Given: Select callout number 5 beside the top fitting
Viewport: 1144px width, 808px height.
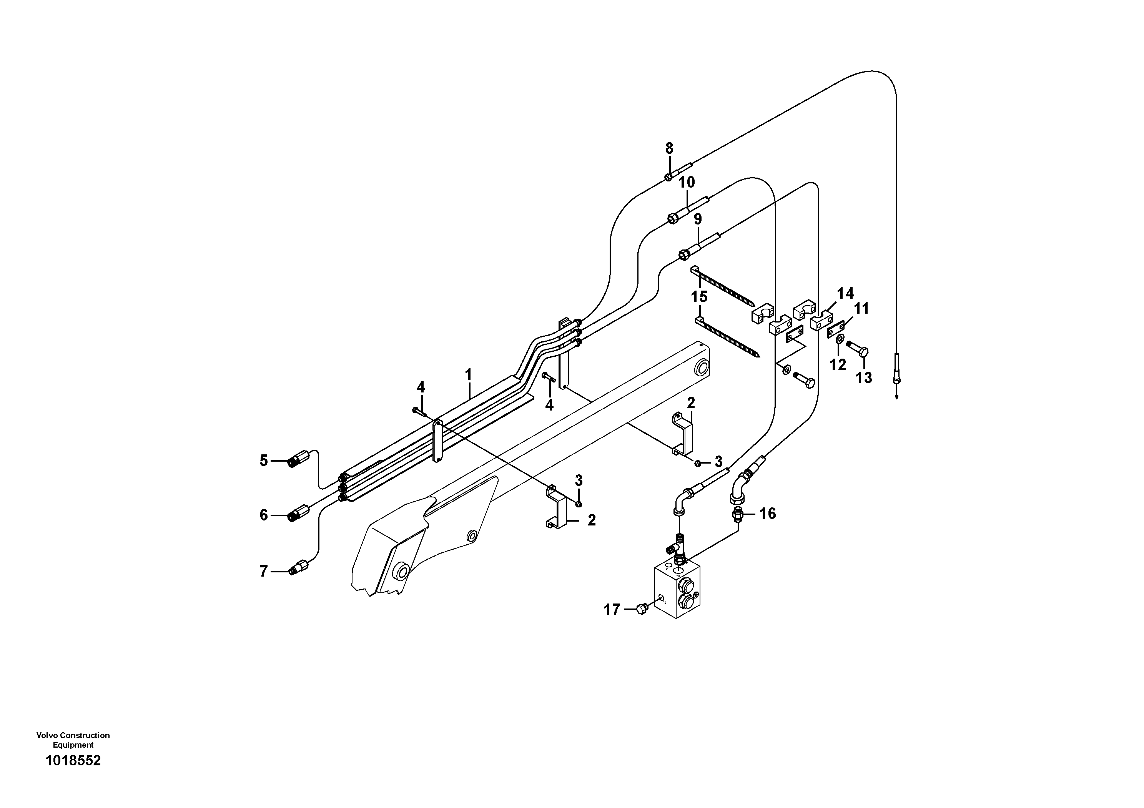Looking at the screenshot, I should click(264, 460).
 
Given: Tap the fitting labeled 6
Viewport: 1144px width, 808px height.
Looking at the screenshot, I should click(299, 513).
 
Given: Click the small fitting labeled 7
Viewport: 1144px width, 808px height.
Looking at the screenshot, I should click(299, 569).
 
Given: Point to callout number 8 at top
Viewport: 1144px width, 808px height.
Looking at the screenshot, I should click(669, 148).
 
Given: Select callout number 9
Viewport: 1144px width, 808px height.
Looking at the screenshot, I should click(698, 219).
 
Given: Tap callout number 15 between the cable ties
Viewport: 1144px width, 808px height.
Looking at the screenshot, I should click(699, 297).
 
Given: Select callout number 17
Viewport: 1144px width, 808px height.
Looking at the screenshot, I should click(612, 609).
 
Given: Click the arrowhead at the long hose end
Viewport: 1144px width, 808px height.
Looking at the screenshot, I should click(896, 397).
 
